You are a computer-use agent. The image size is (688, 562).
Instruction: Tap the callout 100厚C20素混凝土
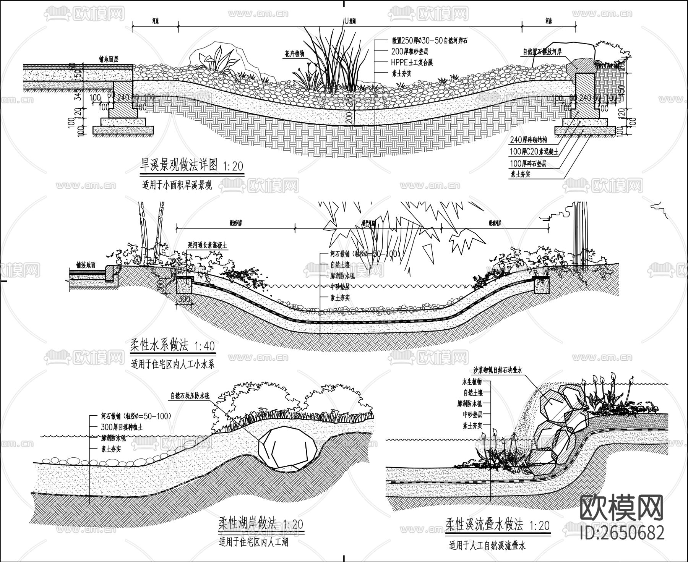click(534, 152)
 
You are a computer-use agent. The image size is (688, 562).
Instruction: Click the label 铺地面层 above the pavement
click(109, 59)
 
